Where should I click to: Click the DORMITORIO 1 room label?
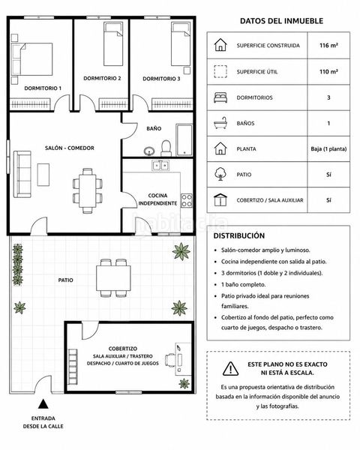43,88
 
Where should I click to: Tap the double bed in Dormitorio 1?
31,59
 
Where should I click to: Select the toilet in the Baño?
166,148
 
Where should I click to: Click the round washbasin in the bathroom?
149,151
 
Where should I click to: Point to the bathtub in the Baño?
184,140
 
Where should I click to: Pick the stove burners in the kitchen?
187,200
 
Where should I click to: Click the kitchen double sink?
160,166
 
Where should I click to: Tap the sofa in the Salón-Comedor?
22,174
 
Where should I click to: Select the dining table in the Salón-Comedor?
88,190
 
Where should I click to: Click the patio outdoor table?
113,278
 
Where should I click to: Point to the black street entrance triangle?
43,403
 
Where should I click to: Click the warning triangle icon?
230,368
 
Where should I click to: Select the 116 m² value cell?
328,45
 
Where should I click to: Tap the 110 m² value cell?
328,72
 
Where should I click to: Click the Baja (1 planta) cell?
328,149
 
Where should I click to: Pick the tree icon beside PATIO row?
220,174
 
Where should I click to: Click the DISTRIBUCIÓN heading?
238,236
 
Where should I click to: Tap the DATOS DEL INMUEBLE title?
281,21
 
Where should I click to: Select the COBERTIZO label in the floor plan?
123,349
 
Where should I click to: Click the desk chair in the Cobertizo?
170,360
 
